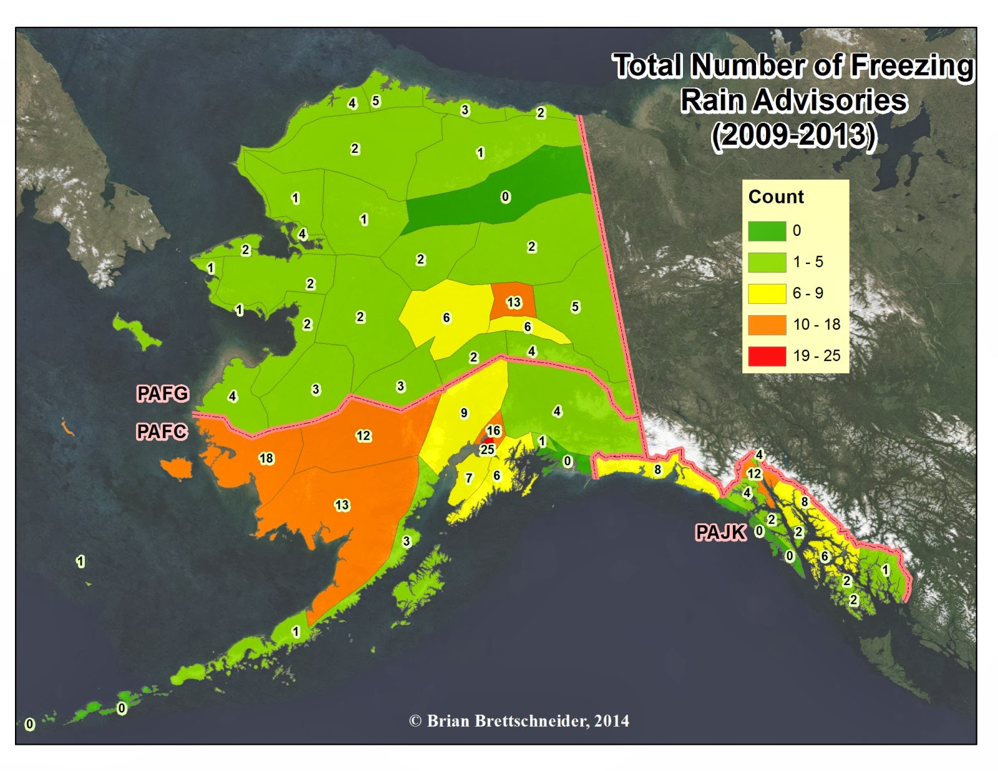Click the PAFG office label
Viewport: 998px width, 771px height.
pyautogui.click(x=162, y=394)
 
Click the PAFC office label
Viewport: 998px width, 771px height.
pyautogui.click(x=162, y=431)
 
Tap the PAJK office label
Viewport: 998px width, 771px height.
pyautogui.click(x=720, y=532)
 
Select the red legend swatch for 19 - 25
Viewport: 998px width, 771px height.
pyautogui.click(x=767, y=356)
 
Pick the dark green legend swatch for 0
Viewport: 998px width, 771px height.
pyautogui.click(x=767, y=231)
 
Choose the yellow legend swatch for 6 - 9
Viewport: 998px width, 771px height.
pyautogui.click(x=767, y=293)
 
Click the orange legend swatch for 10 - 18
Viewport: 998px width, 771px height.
pyautogui.click(x=767, y=324)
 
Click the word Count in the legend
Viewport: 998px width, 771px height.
pyautogui.click(x=776, y=196)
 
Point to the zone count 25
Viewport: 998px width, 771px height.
pyautogui.click(x=487, y=449)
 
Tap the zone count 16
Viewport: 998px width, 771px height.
pyautogui.click(x=493, y=430)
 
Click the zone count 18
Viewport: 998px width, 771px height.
pyautogui.click(x=266, y=458)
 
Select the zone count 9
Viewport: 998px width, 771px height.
pyautogui.click(x=463, y=413)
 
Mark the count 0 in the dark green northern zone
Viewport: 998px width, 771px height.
pyautogui.click(x=505, y=197)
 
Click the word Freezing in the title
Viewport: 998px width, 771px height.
pyautogui.click(x=911, y=65)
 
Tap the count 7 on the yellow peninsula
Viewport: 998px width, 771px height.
pyautogui.click(x=469, y=478)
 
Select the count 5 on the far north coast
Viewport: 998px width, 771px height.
pyautogui.click(x=375, y=100)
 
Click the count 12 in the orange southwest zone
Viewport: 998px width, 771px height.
pyautogui.click(x=363, y=435)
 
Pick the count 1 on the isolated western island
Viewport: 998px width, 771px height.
pyautogui.click(x=80, y=561)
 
